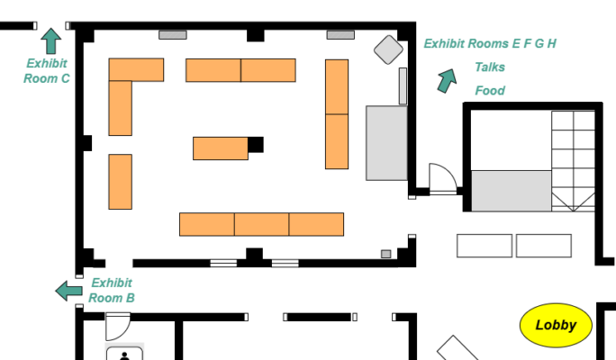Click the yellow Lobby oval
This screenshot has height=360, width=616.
[556, 325]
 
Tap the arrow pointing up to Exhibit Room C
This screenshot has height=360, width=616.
[51, 40]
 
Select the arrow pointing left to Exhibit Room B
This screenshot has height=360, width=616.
[68, 290]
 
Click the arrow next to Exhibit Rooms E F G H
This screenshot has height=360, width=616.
[446, 81]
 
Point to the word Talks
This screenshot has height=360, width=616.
[490, 67]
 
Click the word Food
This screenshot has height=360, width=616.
[490, 91]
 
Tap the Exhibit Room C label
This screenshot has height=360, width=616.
[48, 71]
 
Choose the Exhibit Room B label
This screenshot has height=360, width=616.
[112, 291]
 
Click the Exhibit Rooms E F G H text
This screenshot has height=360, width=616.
[490, 43]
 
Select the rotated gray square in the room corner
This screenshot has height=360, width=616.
[388, 49]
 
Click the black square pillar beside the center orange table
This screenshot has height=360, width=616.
[256, 144]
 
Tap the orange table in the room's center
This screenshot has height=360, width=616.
[220, 148]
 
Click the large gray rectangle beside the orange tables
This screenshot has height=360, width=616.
[386, 142]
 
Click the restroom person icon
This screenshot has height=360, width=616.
[124, 355]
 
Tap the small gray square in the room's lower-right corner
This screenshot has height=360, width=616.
[386, 255]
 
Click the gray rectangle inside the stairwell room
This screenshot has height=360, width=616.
[511, 191]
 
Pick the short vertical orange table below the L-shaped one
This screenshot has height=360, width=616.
[121, 181]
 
